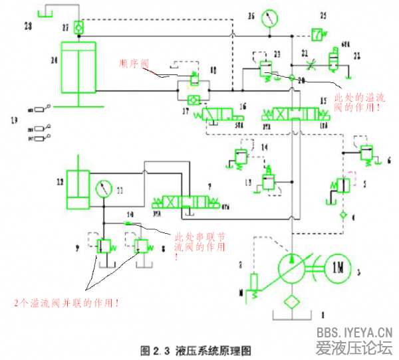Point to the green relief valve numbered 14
[x=239, y=157]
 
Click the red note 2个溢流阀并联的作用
[x=68, y=303]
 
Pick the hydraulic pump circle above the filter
[x=291, y=265]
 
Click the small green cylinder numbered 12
[x=78, y=189]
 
